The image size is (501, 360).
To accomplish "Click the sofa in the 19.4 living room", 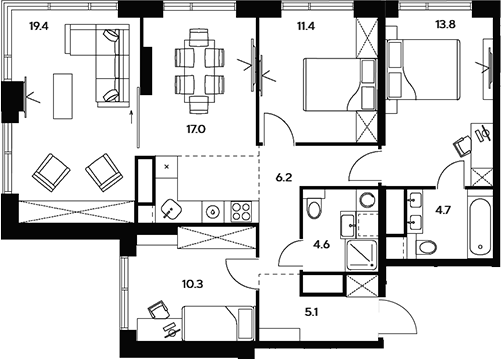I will pyautogui.click(x=95, y=62).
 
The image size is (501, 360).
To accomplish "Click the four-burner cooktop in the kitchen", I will pyautogui.click(x=241, y=211).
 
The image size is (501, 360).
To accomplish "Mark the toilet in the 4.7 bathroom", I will pyautogui.click(x=426, y=246).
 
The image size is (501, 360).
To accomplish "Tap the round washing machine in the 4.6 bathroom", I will pyautogui.click(x=366, y=199).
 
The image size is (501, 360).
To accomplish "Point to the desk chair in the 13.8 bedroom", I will pyautogui.click(x=463, y=145).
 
